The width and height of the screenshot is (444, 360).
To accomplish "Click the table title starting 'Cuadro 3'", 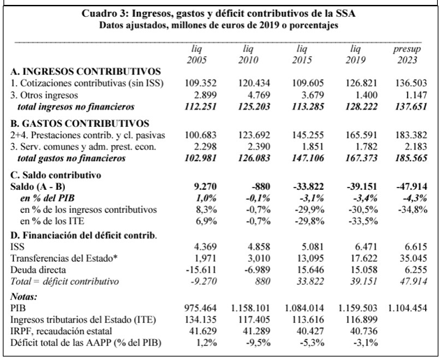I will click(x=222, y=14).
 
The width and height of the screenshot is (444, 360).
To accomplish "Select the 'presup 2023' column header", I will click(x=406, y=54).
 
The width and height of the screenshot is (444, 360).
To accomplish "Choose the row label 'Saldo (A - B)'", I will click(x=38, y=186).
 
